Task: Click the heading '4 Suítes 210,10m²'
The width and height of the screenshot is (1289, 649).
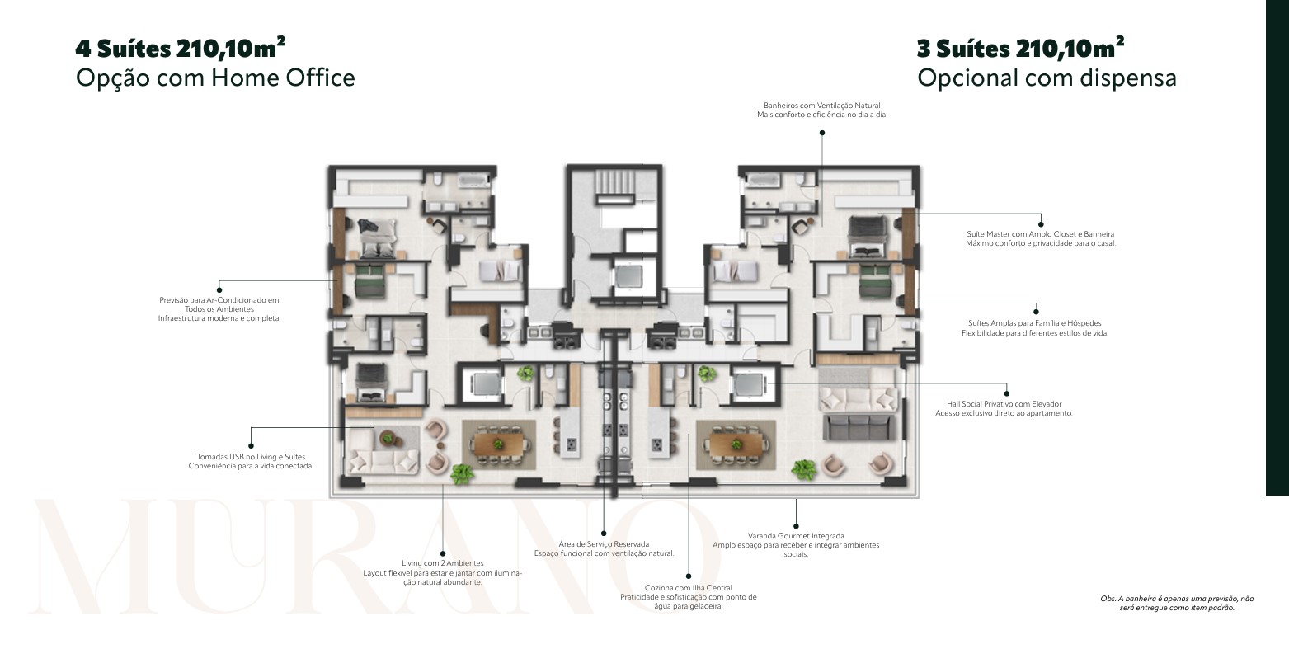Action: pyautogui.click(x=180, y=48)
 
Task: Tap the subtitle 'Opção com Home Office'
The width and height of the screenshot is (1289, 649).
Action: pyautogui.click(x=215, y=78)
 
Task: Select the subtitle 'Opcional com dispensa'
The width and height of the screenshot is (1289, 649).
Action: pyautogui.click(x=1047, y=78)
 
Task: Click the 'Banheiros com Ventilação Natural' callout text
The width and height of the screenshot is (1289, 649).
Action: pyautogui.click(x=821, y=106)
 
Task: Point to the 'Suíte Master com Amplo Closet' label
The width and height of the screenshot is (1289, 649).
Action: pyautogui.click(x=1041, y=234)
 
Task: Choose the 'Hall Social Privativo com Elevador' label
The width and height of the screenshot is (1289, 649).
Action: pyautogui.click(x=1004, y=404)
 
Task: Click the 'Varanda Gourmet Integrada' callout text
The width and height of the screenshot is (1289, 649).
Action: pyautogui.click(x=796, y=536)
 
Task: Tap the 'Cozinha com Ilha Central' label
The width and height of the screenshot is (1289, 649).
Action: pyautogui.click(x=689, y=588)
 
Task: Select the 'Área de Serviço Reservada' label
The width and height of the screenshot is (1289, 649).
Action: pyautogui.click(x=604, y=543)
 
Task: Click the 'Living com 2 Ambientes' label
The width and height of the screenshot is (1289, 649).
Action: pyautogui.click(x=443, y=563)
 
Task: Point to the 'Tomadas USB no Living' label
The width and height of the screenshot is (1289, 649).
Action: pyautogui.click(x=251, y=457)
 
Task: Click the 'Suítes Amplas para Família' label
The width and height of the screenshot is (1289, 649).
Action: pyautogui.click(x=1035, y=323)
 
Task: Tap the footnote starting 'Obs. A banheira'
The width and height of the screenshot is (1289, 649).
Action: pyautogui.click(x=1177, y=603)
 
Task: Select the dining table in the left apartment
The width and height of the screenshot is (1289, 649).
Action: pyautogui.click(x=499, y=444)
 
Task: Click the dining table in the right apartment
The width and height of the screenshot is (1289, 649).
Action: pyautogui.click(x=736, y=444)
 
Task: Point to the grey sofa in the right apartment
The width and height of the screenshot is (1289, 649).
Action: pyautogui.click(x=857, y=427)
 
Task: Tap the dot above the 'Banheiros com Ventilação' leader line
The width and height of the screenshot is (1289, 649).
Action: pyautogui.click(x=821, y=133)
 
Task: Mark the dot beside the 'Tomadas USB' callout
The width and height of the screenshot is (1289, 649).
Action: pyautogui.click(x=251, y=446)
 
